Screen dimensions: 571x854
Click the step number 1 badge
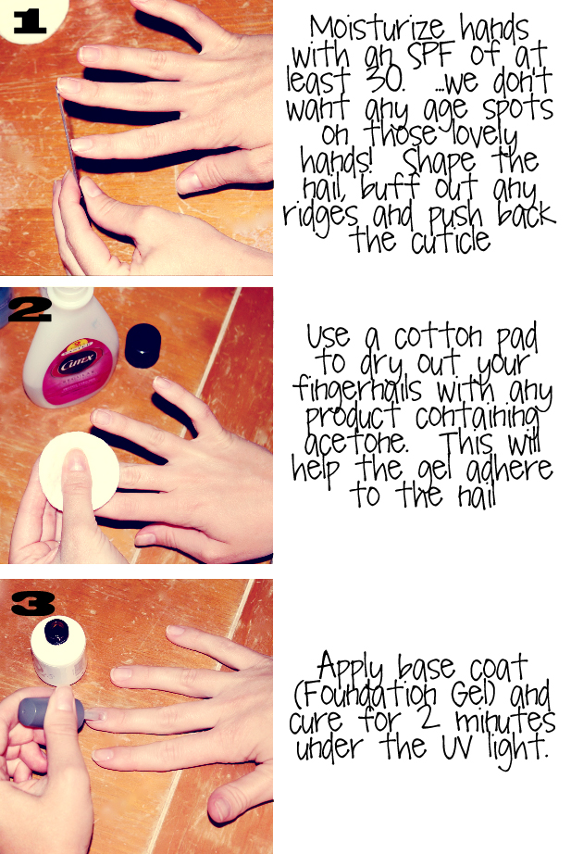[x=29, y=22]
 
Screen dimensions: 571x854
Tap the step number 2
[x=30, y=310]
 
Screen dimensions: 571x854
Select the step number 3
[x=32, y=604]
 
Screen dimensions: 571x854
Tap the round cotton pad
[x=79, y=471]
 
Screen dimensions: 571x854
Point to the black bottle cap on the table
[x=143, y=345]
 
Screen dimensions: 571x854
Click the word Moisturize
[x=377, y=29]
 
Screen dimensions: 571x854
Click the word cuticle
[x=451, y=240]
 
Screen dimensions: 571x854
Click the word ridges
[x=320, y=215]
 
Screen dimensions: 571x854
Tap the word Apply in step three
[x=351, y=667]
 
